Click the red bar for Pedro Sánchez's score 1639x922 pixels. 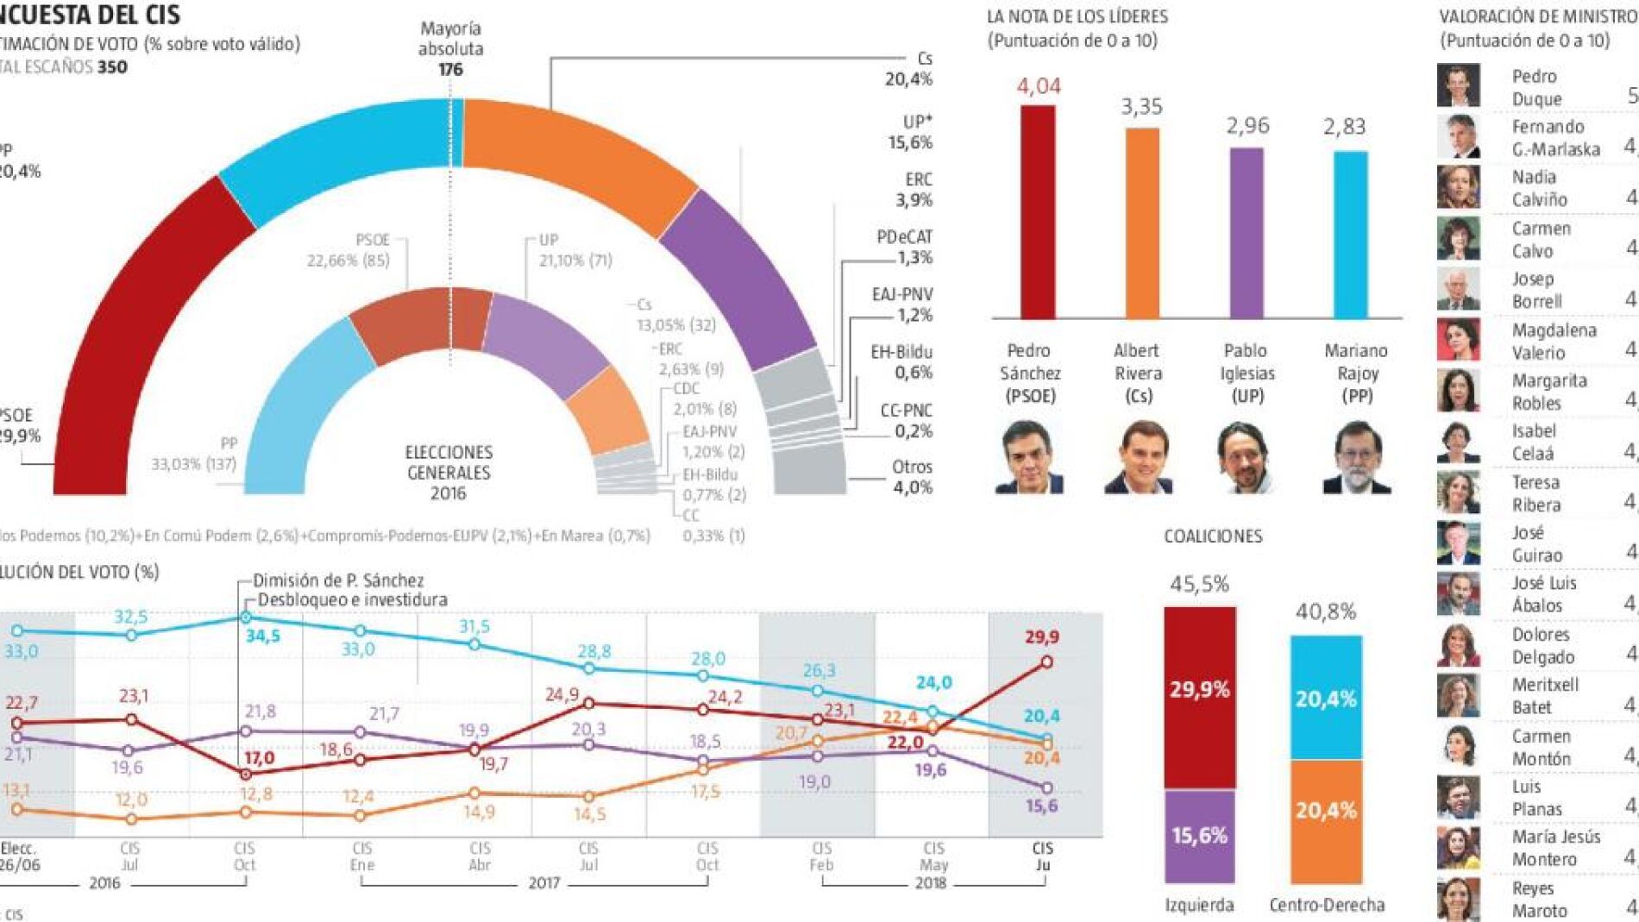coord(1038,212)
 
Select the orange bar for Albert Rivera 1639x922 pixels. coord(1142,223)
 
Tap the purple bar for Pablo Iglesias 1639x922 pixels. coord(1247,233)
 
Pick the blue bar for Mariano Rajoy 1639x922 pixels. coord(1351,235)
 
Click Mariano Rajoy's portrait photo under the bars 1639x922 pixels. coord(1356,458)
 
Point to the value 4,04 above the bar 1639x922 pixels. coord(1039,86)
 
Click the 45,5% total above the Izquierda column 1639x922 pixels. coord(1199,584)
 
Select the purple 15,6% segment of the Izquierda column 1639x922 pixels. coord(1199,835)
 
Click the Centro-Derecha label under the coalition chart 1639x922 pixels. coord(1327,905)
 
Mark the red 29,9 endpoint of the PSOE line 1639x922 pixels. coord(1046,662)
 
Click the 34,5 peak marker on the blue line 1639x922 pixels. coord(246,618)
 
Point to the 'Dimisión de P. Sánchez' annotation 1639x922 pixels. coord(338,580)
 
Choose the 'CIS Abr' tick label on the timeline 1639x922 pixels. coord(480,856)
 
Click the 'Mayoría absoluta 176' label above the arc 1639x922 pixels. coord(450,49)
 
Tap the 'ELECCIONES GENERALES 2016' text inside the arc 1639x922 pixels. coord(449,473)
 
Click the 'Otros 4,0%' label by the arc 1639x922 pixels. coord(912,477)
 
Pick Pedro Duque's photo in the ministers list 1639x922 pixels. coord(1458,86)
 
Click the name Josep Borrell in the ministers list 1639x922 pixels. coord(1536,290)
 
